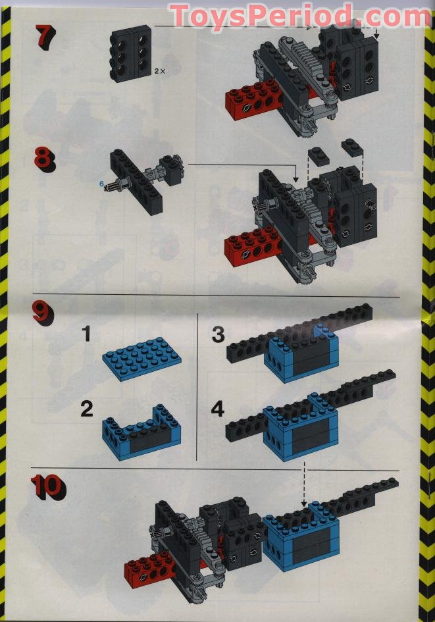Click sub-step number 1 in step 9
coord(86,334)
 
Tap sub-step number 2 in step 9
coord(86,409)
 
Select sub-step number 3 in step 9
coord(218,334)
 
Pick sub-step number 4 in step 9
coord(218,409)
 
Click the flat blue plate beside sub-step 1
coord(142,359)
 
